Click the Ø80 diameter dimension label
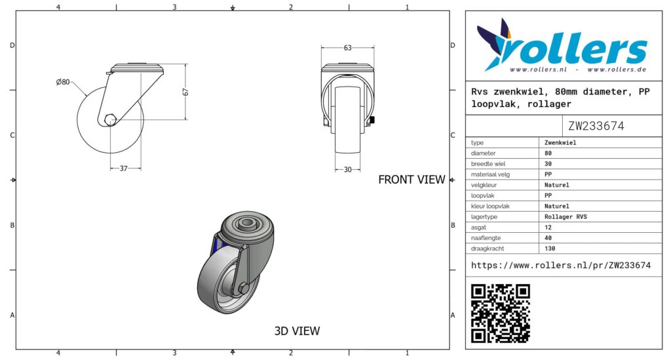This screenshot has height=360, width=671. point(62,82)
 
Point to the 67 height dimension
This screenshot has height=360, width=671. point(185,92)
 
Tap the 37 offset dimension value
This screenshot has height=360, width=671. point(124,169)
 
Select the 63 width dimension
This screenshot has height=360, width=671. point(347,47)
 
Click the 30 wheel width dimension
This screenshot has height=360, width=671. point(347,170)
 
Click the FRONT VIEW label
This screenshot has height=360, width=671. point(412,180)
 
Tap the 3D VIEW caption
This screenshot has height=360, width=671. point(297,331)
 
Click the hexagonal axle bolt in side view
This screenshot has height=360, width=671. point(110,119)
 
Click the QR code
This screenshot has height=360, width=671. point(500,313)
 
